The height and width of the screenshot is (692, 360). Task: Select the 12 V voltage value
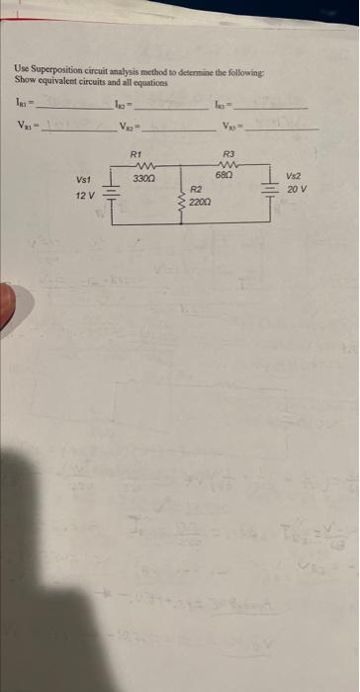(85, 196)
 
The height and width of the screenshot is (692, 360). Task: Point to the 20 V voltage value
(297, 188)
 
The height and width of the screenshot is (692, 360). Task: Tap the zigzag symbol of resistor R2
(179, 203)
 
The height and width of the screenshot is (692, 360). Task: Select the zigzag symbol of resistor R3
(228, 163)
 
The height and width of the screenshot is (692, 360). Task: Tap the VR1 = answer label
(23, 125)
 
